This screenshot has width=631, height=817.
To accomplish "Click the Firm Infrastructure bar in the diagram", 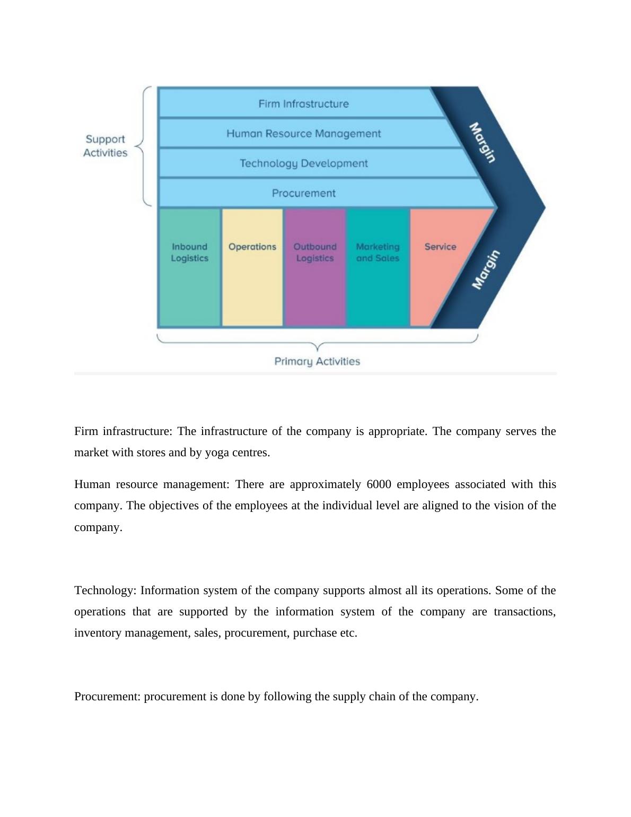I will [x=303, y=103].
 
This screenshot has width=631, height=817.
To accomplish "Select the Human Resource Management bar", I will [x=303, y=133].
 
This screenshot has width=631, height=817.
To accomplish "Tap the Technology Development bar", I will [x=303, y=163].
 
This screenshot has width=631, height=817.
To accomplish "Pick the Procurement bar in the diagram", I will [x=303, y=193].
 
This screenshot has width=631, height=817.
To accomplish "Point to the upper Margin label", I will [x=483, y=143].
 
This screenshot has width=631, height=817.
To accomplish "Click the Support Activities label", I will [x=105, y=146].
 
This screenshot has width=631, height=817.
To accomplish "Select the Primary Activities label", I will [x=317, y=361].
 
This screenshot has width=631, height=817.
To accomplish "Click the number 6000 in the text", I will [x=379, y=484].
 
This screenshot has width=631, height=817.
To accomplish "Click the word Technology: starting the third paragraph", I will [x=106, y=590].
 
